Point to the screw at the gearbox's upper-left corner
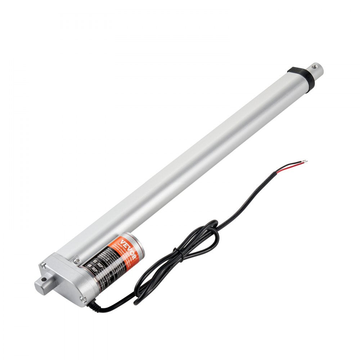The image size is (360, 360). point(44,266)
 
